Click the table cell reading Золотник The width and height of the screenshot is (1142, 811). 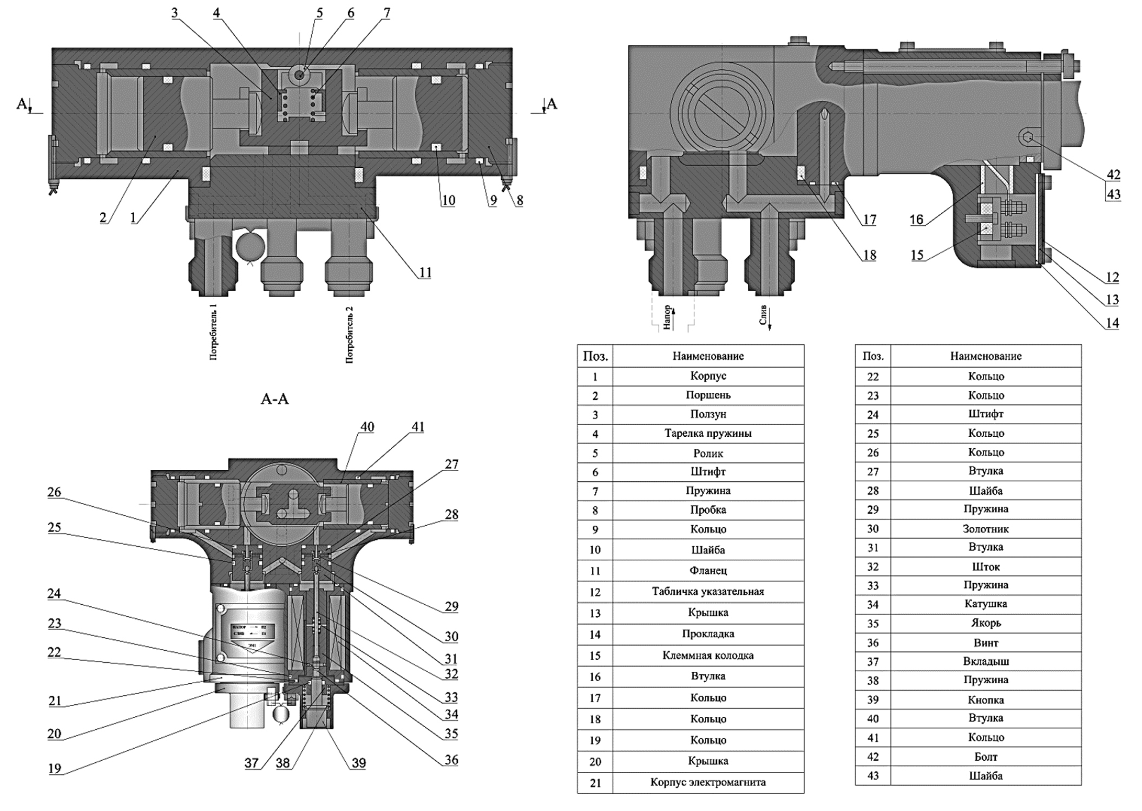985,528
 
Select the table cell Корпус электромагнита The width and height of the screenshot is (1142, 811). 707,782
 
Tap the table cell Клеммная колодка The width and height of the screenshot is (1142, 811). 707,655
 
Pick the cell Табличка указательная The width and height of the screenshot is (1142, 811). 707,591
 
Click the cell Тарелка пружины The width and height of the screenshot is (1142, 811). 707,433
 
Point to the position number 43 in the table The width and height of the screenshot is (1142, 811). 872,775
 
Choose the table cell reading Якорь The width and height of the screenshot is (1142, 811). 985,623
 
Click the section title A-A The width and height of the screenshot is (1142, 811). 275,399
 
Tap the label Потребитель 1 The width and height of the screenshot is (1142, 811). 214,332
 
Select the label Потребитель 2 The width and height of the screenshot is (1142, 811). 350,334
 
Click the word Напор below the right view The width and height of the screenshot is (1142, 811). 667,317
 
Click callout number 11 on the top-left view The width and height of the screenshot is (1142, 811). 425,272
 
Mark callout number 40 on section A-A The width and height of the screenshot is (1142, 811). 367,427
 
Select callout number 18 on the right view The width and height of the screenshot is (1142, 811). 869,254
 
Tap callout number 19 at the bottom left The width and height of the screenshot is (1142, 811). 54,768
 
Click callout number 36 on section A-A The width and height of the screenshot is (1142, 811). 451,760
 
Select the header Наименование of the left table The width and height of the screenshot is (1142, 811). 707,356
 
